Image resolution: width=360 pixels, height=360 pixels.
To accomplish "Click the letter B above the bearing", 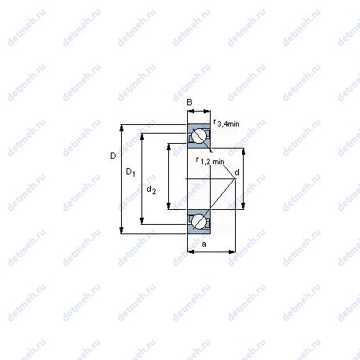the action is (x=189, y=102).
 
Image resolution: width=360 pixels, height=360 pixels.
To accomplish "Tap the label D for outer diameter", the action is (x=113, y=156).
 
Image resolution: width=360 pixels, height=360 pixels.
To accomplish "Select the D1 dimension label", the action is (x=130, y=172).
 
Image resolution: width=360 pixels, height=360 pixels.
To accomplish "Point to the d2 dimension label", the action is (x=151, y=189).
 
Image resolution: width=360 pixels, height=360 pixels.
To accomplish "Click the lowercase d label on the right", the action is (x=237, y=172).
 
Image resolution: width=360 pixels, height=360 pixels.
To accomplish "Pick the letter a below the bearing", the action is (x=204, y=244).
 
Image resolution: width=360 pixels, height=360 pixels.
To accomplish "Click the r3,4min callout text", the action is (x=226, y=123).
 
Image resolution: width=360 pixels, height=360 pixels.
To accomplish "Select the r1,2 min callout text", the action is (x=211, y=160).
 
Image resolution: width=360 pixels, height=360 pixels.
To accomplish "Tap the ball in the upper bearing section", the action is (x=198, y=136).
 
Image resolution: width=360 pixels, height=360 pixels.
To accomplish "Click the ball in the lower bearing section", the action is (x=198, y=222).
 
